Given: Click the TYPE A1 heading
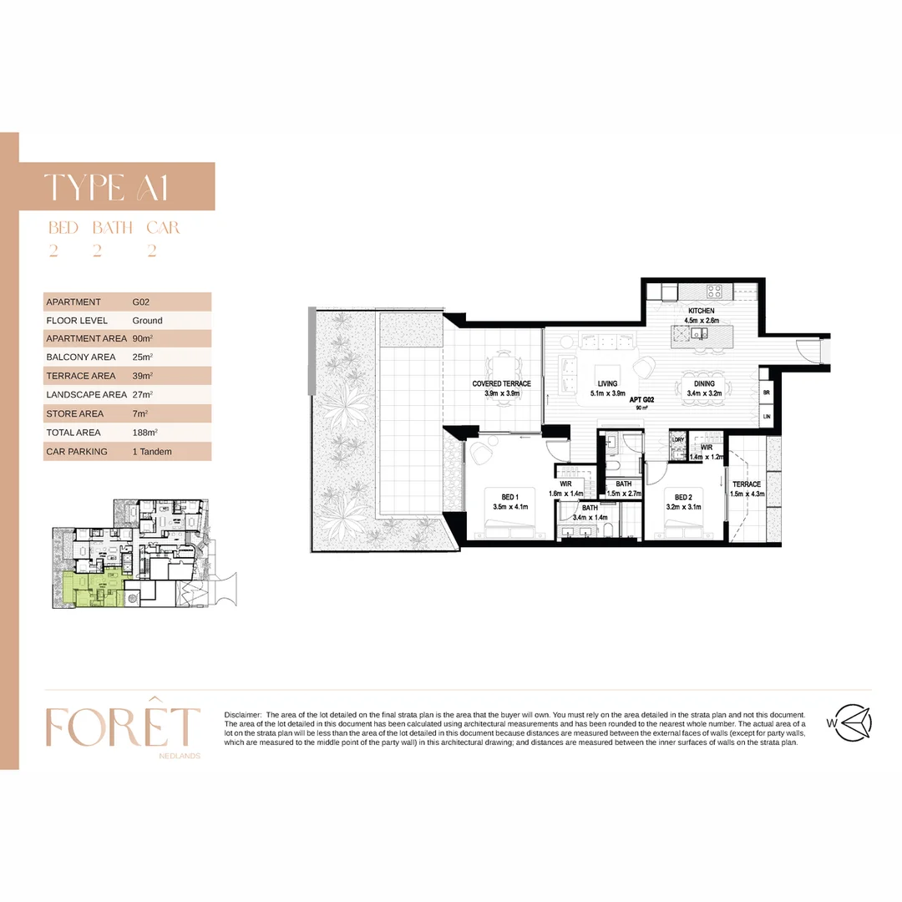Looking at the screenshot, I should [106, 188].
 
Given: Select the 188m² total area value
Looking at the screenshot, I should [145, 433].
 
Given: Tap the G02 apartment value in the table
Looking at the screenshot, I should [141, 302].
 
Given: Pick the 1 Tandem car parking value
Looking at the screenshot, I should [152, 452].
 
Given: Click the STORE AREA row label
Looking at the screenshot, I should [75, 414].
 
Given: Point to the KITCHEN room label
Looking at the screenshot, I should [701, 311].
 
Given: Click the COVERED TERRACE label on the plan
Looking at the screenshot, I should [501, 384].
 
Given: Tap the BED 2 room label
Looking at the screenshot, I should [684, 498].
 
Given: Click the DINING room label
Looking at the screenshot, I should [705, 384].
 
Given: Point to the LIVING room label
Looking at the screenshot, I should [607, 384].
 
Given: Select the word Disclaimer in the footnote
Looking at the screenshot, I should [242, 715].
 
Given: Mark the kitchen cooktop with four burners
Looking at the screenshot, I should [715, 291].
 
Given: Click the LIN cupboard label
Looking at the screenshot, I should [766, 416].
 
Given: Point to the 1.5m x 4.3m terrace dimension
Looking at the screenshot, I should [747, 494].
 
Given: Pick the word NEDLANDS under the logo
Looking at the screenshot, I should [179, 756].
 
